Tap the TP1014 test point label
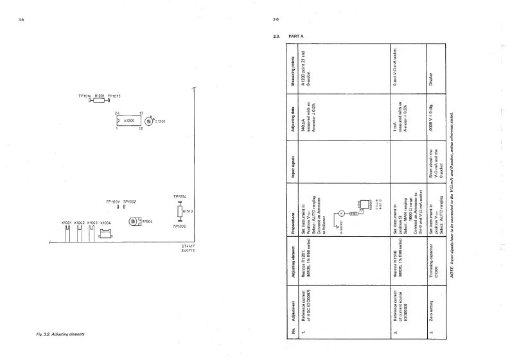click(85, 96)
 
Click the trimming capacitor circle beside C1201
click(149, 121)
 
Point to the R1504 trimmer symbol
click(134, 221)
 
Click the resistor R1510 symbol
click(180, 211)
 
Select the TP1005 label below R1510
click(180, 226)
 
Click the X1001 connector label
click(67, 222)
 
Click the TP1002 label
click(130, 201)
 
